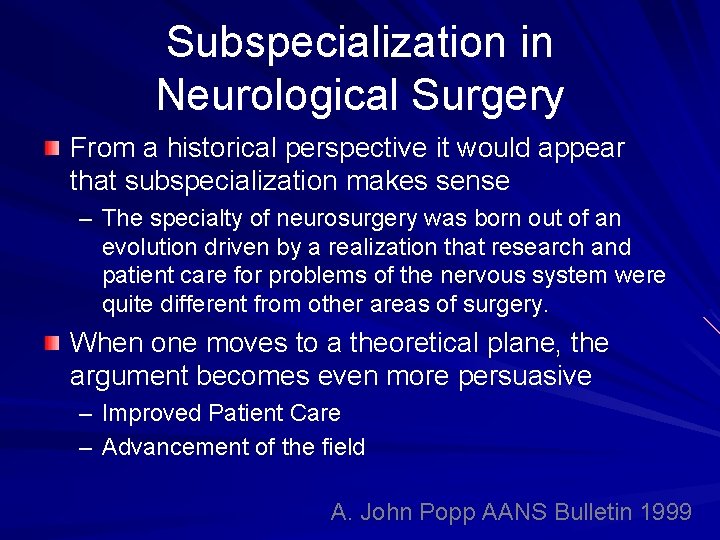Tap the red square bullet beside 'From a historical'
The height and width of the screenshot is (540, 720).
pos(52,149)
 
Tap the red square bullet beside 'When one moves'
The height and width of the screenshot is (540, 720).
pos(52,343)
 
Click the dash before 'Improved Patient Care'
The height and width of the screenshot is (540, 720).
pos(86,413)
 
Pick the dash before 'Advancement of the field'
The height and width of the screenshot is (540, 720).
pos(86,447)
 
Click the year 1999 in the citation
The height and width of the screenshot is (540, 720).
pos(666,512)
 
